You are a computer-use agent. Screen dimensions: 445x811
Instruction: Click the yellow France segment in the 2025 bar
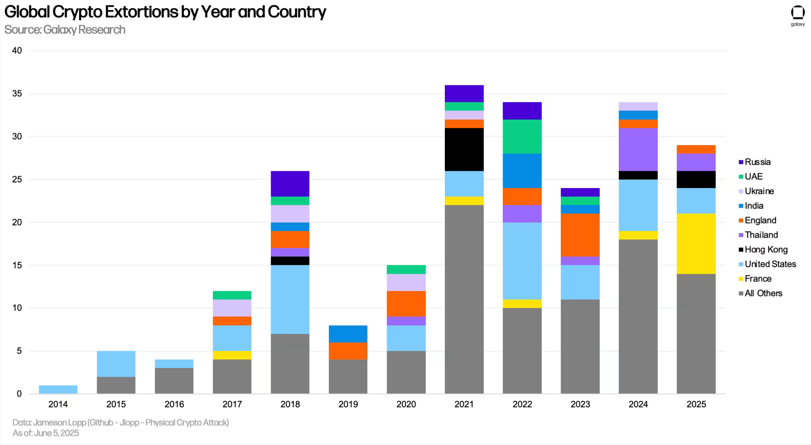[696, 243]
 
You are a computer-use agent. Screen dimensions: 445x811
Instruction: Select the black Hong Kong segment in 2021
[464, 150]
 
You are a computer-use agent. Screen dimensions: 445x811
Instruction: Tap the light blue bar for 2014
[58, 389]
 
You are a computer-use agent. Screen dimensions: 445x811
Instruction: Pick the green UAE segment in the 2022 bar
[522, 136]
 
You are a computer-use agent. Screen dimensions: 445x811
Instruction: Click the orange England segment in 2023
[580, 235]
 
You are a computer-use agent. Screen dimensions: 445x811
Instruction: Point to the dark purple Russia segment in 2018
[290, 184]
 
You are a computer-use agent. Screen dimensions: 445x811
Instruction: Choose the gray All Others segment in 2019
[348, 376]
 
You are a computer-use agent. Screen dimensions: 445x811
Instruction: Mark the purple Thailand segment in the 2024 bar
[638, 150]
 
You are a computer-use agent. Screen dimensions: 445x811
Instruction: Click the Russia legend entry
[757, 162]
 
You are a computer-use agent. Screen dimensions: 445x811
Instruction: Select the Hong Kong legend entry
[766, 249]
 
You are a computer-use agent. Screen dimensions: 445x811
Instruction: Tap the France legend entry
[758, 279]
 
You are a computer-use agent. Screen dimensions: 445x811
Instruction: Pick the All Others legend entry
[763, 293]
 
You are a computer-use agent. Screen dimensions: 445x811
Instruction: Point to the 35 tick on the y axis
[17, 93]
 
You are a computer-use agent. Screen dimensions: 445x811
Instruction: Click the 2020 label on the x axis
[406, 404]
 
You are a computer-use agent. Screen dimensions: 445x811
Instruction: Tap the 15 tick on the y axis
[17, 265]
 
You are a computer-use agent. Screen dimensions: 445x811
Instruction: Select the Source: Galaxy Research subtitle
[65, 30]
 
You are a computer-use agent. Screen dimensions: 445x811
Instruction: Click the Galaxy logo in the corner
[797, 15]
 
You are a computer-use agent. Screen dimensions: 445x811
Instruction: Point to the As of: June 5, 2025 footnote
[46, 433]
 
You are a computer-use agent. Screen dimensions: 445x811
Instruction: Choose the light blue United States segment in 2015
[116, 364]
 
